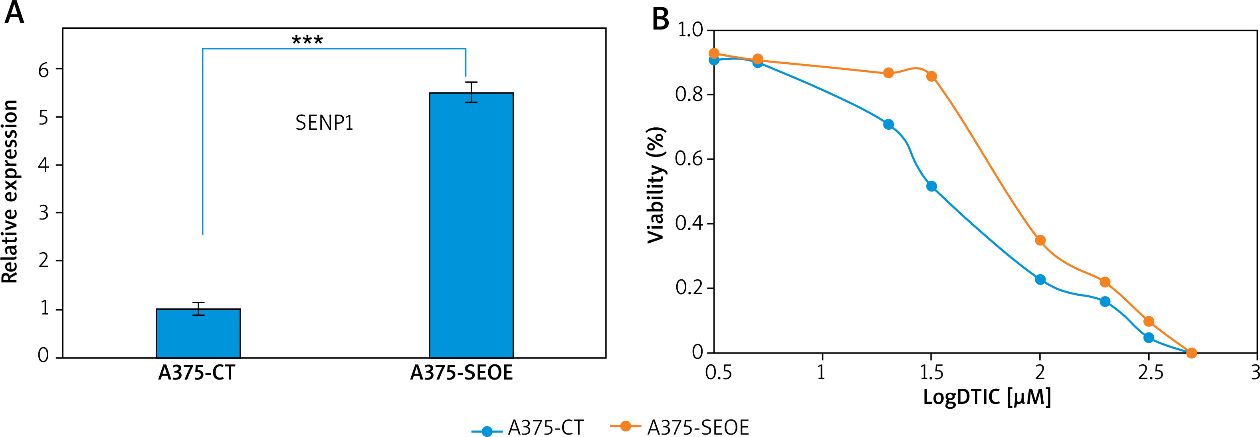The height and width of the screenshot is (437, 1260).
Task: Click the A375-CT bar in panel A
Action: tap(198, 333)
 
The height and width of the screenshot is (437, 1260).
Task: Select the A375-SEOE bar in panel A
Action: tap(471, 225)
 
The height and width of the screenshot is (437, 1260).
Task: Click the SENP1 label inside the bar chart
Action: tap(324, 123)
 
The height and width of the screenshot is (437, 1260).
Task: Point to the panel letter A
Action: tap(14, 13)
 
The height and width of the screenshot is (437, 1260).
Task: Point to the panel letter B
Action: tap(660, 20)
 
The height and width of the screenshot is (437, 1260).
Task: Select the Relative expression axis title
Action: tap(10, 192)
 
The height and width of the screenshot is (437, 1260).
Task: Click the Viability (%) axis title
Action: tap(656, 185)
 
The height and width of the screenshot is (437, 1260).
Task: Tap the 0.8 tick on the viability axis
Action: tap(689, 94)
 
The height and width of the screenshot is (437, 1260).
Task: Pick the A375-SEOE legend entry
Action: tap(680, 427)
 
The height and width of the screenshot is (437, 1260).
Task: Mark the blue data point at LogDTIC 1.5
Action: tap(931, 186)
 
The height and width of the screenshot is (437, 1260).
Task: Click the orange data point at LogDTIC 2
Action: tap(1040, 240)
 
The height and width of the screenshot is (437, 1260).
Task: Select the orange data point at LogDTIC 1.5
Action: tap(931, 76)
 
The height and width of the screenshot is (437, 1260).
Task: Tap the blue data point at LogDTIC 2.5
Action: tap(1149, 338)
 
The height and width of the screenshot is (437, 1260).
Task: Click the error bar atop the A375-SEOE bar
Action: tap(471, 92)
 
